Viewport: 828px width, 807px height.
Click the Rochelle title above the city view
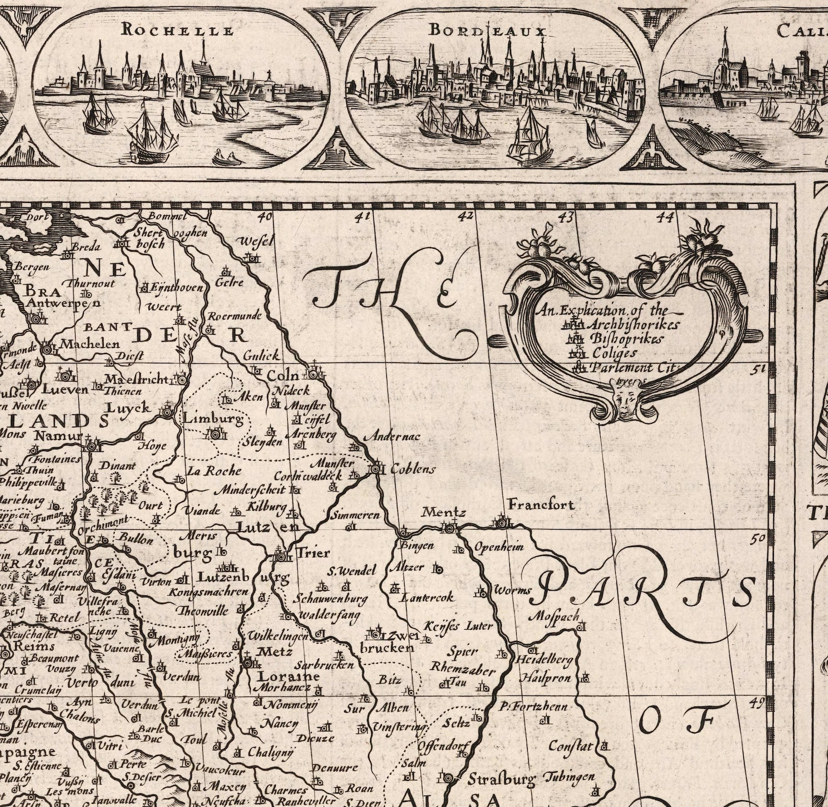point(177,30)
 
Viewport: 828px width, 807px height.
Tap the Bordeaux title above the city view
point(487,31)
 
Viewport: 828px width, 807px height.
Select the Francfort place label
point(541,505)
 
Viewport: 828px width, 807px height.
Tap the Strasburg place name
point(501,780)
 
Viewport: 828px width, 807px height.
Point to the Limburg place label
point(213,418)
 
